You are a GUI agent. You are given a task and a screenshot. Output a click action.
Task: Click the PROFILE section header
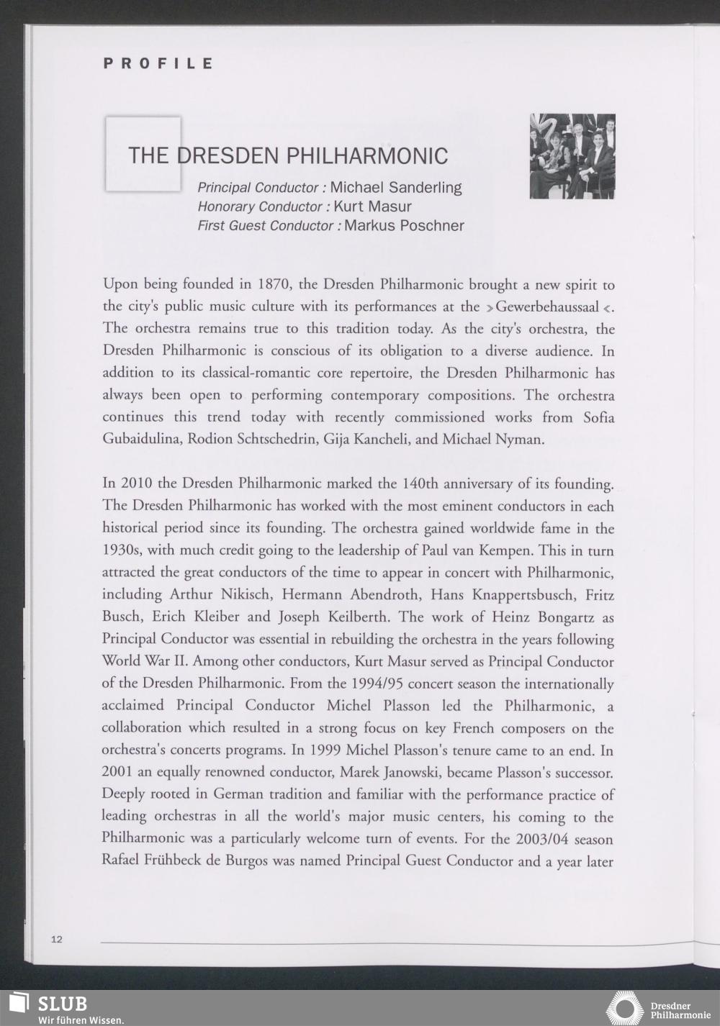click(x=158, y=63)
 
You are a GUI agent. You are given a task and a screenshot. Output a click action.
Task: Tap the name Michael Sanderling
click(x=396, y=188)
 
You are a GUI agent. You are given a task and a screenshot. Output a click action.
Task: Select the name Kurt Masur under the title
click(x=372, y=206)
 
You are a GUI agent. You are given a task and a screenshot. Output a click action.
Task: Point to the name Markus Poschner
click(x=404, y=226)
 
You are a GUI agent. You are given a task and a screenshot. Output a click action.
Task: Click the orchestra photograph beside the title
click(x=572, y=156)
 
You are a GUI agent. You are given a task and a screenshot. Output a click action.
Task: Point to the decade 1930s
click(x=122, y=550)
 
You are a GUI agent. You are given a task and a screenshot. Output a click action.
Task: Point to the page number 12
click(x=57, y=939)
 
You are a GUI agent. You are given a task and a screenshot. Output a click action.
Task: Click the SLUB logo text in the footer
click(x=62, y=1003)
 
